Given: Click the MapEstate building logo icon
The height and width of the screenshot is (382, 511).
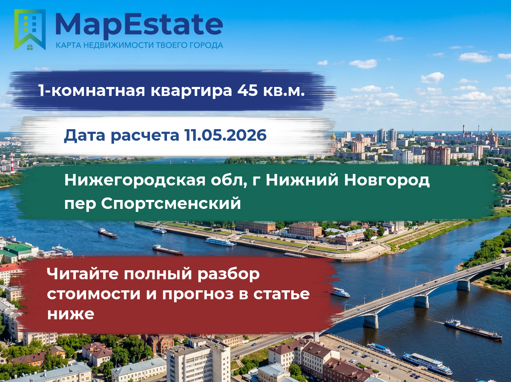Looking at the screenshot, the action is pyautogui.click(x=30, y=29).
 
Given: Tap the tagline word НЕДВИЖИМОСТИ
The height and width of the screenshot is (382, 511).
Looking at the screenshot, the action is pyautogui.click(x=119, y=45).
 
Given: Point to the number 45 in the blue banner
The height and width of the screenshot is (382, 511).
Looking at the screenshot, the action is pyautogui.click(x=247, y=90).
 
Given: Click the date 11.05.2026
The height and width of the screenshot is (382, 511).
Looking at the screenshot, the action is pyautogui.click(x=225, y=135).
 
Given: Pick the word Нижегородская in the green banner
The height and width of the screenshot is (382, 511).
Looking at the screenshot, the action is pyautogui.click(x=135, y=180).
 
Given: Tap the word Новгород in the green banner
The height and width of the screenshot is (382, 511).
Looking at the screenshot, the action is pyautogui.click(x=387, y=180).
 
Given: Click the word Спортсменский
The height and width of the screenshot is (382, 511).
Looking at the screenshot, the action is pyautogui.click(x=171, y=203).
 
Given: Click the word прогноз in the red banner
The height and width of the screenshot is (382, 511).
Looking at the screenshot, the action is pyautogui.click(x=198, y=294).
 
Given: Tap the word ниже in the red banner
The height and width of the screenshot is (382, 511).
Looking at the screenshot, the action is pyautogui.click(x=71, y=314).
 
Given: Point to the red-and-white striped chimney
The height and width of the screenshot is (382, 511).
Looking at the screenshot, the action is pyautogui.click(x=11, y=161).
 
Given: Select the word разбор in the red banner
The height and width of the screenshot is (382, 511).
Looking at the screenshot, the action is pyautogui.click(x=229, y=274).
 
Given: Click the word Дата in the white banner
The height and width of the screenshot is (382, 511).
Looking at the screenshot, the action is pyautogui.click(x=84, y=136).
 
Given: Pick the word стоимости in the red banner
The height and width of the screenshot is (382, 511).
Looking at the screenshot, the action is pyautogui.click(x=94, y=294).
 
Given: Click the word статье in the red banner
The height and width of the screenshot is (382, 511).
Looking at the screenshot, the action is pyautogui.click(x=281, y=294).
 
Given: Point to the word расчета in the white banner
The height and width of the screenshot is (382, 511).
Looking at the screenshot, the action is pyautogui.click(x=145, y=136).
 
